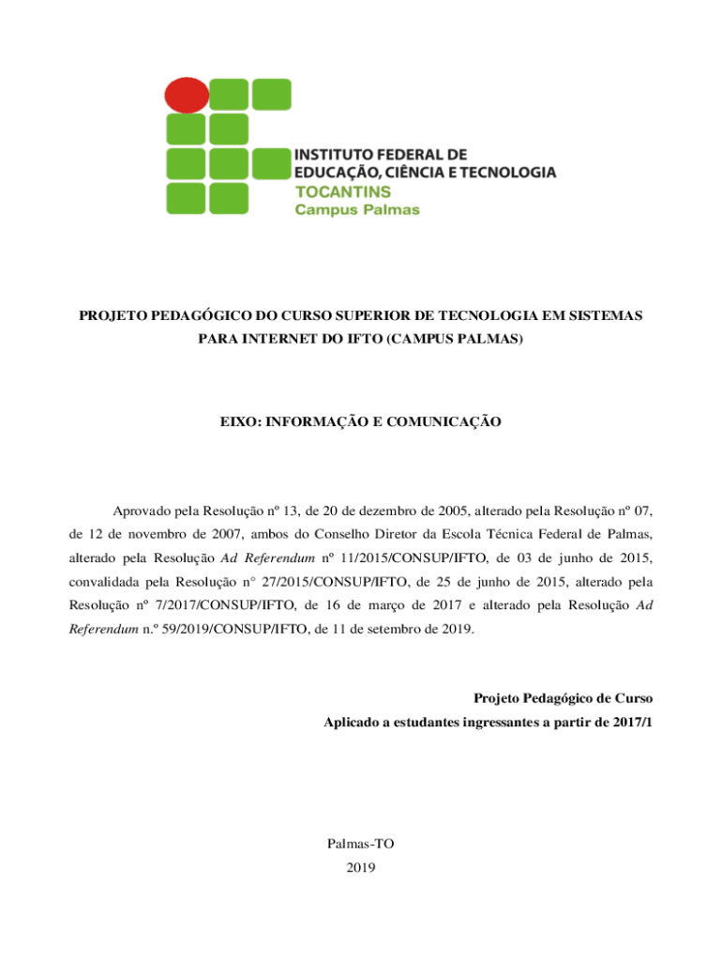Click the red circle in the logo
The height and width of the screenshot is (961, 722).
tap(186, 94)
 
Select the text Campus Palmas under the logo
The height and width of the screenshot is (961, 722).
tap(357, 210)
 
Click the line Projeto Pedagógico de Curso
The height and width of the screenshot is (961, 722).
tap(563, 699)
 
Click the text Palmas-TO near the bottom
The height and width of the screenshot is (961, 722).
tap(361, 845)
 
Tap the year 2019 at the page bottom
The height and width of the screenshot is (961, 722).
tap(361, 868)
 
